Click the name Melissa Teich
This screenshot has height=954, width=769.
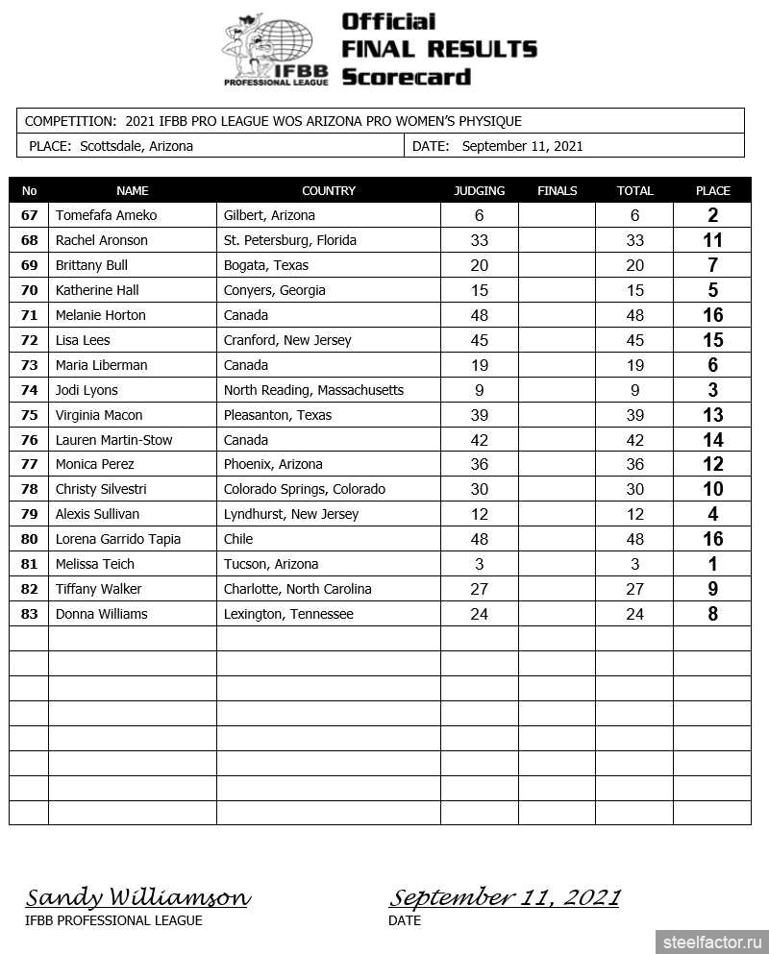(95, 564)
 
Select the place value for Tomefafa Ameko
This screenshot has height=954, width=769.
(712, 215)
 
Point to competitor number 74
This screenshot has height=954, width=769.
(29, 390)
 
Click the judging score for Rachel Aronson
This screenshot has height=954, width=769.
(479, 240)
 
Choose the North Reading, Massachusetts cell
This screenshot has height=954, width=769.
(313, 390)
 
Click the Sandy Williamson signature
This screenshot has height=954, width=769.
(137, 898)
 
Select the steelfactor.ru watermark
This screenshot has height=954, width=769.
(711, 942)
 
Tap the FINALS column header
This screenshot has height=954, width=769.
(557, 190)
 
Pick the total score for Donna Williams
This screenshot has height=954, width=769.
(634, 614)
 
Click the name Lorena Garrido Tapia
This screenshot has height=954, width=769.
(118, 539)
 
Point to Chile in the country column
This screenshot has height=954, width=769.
(238, 539)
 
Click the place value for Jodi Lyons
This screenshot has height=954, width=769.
(712, 390)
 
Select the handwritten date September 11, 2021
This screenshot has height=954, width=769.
(504, 898)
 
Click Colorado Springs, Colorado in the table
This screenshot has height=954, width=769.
(304, 489)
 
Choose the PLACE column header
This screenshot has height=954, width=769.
(712, 190)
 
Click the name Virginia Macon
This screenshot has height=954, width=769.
(99, 415)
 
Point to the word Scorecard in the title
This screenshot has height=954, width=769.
(406, 77)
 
